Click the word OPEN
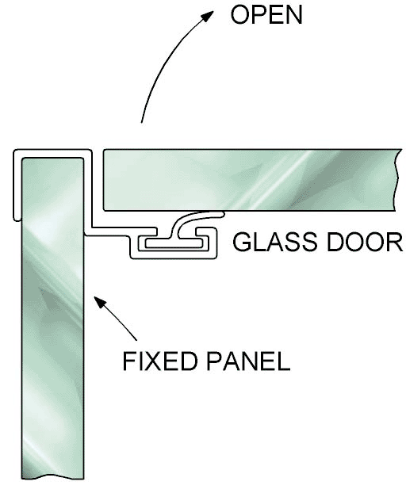point(266,15)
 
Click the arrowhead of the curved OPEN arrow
point(207,16)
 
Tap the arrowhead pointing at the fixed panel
point(101,303)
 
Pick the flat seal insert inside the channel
point(174,243)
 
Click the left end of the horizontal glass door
point(105,180)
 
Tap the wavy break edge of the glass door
point(397,180)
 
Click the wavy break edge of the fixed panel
point(53,477)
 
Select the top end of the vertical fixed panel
point(53,159)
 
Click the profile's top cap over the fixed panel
point(52,153)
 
